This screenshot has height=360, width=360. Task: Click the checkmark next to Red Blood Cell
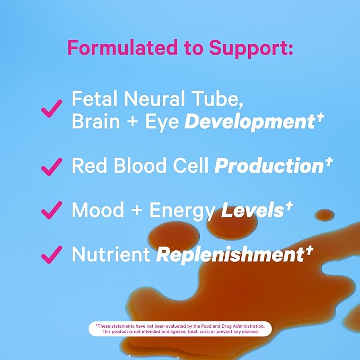tap(51, 166)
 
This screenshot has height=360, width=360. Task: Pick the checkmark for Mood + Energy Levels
tap(51, 210)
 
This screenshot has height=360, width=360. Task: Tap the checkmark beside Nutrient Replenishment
tap(51, 255)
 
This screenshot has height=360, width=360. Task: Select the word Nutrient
tap(110, 254)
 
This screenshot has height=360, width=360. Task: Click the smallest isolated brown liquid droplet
tap(324, 215)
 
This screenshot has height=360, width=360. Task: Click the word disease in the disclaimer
tap(248, 331)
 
